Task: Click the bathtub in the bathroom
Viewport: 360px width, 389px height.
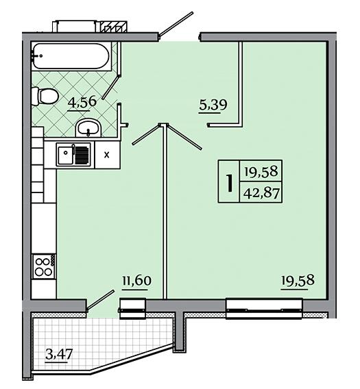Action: tap(71, 56)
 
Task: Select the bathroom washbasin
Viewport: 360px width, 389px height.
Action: tap(88, 128)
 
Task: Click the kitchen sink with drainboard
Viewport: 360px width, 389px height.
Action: tap(73, 154)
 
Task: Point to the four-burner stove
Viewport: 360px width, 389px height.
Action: tap(44, 266)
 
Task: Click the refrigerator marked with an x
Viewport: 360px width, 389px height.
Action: tap(107, 155)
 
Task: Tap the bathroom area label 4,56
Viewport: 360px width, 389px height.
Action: tap(82, 102)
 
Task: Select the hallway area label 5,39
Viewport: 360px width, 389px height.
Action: tap(213, 105)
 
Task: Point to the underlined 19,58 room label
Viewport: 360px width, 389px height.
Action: tap(298, 281)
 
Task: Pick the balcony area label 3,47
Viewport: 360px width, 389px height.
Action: tap(59, 355)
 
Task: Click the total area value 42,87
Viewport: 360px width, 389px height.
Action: tap(261, 192)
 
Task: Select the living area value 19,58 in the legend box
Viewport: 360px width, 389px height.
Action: tap(261, 171)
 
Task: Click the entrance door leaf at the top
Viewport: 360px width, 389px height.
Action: tap(176, 25)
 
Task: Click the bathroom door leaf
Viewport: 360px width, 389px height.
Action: tap(111, 88)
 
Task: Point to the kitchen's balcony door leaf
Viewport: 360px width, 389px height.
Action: tap(100, 300)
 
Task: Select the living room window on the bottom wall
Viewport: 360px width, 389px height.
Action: tap(265, 309)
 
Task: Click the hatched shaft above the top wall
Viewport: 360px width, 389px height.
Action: tap(115, 27)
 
